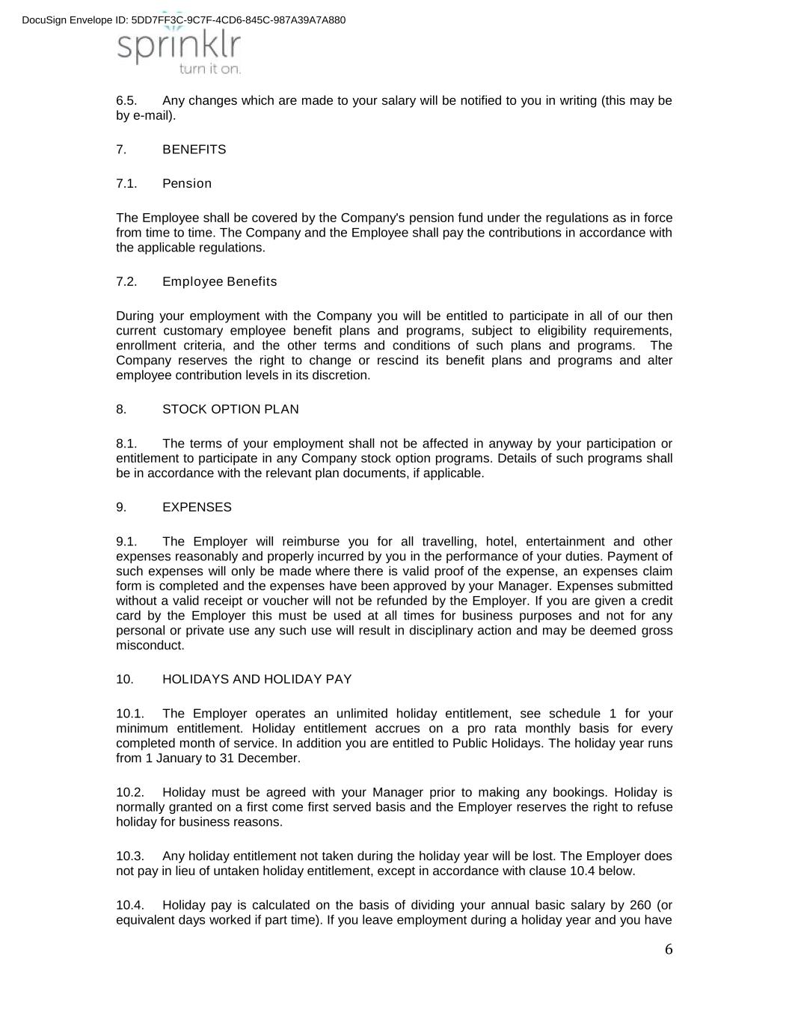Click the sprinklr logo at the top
click(x=179, y=46)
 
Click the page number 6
click(x=669, y=950)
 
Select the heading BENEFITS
click(x=194, y=150)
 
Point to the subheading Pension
click(x=187, y=184)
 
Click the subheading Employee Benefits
click(x=219, y=282)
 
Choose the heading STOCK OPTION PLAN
click(x=230, y=410)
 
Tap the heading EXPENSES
click(x=197, y=507)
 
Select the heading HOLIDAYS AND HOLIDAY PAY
click(x=257, y=679)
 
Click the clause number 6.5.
click(x=126, y=101)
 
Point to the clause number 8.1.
click(x=126, y=444)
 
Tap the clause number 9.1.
click(x=126, y=542)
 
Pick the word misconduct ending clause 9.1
click(x=150, y=646)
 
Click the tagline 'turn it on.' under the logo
click(x=209, y=69)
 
